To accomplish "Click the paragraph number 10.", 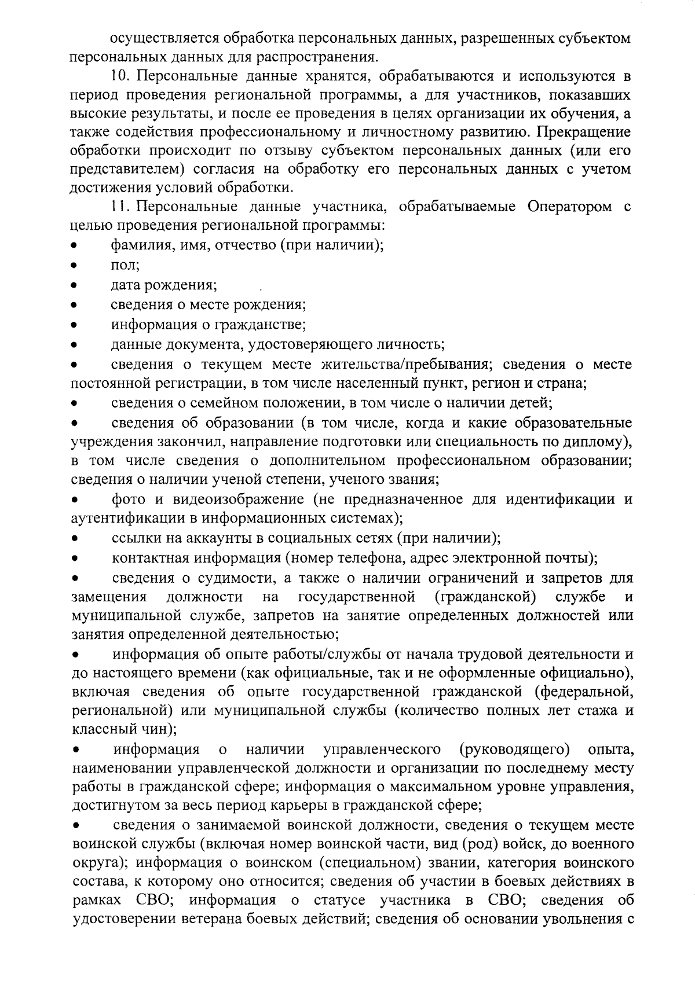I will click(119, 76).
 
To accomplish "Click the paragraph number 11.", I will click(119, 207).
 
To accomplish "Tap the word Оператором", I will click(570, 207).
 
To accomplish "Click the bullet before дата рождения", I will click(74, 286).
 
